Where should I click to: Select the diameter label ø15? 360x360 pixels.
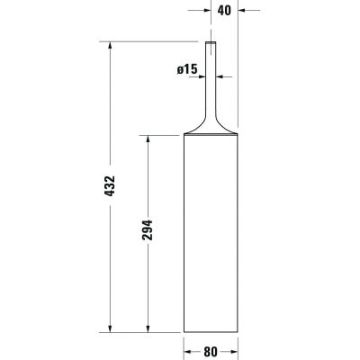(187, 69)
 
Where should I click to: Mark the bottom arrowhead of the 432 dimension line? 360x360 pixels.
(110, 329)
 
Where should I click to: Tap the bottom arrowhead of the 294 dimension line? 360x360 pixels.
(144, 329)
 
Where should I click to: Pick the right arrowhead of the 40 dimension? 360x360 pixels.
(239, 12)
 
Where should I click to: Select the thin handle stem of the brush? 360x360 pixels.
(211, 72)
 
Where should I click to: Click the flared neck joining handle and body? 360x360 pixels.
(211, 121)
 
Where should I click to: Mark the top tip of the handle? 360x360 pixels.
(211, 42)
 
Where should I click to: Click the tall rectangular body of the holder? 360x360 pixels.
(211, 234)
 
